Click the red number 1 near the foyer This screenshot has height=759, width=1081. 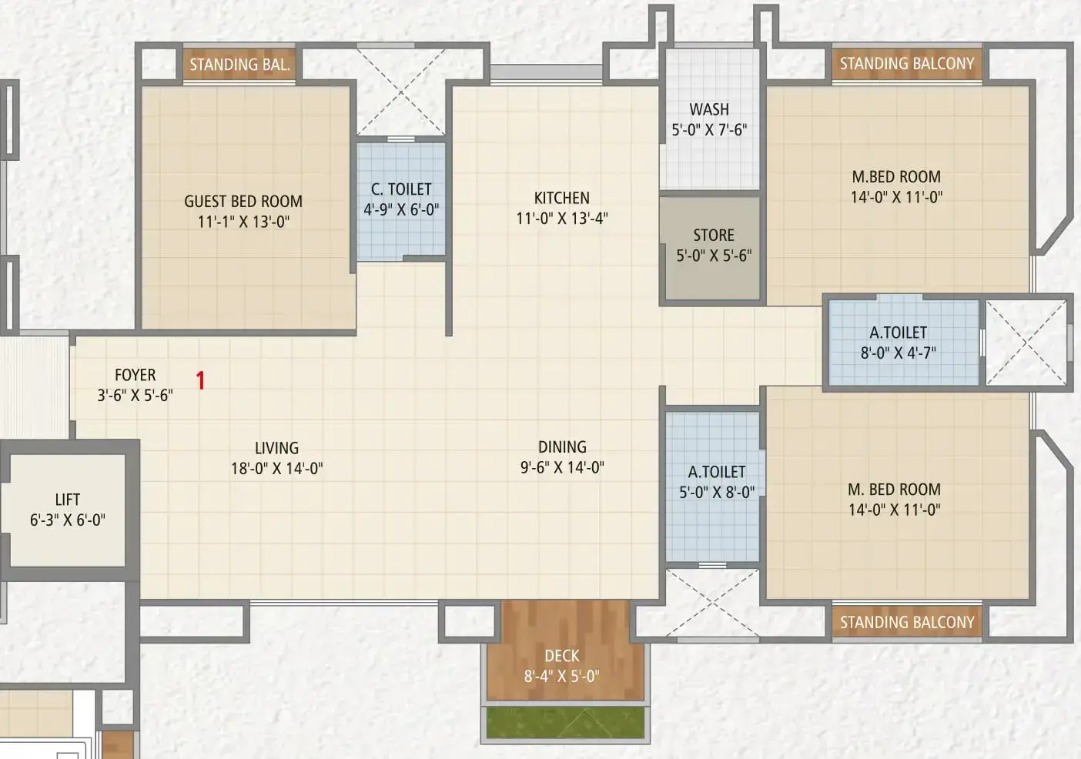(x=201, y=380)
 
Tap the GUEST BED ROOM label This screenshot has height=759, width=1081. (x=243, y=201)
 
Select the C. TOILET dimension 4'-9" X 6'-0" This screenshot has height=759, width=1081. (x=401, y=210)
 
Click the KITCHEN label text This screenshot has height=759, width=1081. (x=562, y=198)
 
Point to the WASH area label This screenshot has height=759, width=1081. (x=709, y=109)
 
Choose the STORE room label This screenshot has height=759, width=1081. (x=714, y=235)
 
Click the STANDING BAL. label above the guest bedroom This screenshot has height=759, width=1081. (x=240, y=64)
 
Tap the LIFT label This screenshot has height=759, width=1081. (x=68, y=500)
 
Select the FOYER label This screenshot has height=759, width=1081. (x=136, y=375)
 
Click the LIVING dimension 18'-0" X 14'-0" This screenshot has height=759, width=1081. (x=277, y=468)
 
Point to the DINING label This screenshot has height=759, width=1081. (x=562, y=446)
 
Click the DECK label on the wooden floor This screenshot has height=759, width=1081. (x=562, y=656)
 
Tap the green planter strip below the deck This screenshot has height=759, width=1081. (x=565, y=722)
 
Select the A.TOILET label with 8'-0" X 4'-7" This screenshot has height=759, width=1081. (x=898, y=333)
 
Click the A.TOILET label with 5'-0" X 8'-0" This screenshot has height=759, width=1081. (x=717, y=471)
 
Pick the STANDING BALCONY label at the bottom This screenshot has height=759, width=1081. (x=907, y=622)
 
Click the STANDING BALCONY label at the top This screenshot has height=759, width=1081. (x=907, y=63)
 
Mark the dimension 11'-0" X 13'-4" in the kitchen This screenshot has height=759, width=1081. (x=562, y=219)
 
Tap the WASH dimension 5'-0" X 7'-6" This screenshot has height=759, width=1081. (x=709, y=130)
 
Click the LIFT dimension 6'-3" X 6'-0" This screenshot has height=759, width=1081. (x=68, y=520)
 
